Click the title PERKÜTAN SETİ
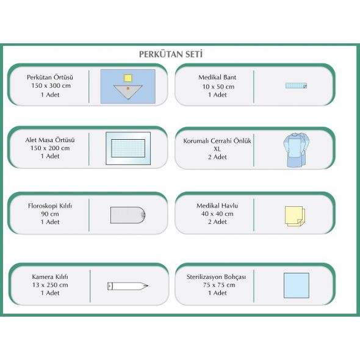(x=171, y=54)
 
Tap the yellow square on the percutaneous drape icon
(x=128, y=78)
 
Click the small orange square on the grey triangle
(x=128, y=88)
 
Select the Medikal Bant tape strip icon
(x=296, y=85)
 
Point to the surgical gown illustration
(x=296, y=149)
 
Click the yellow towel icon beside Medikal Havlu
(x=295, y=216)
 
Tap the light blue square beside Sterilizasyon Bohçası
(x=297, y=286)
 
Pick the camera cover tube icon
(x=128, y=286)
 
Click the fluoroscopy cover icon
(x=128, y=215)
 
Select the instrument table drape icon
(x=128, y=148)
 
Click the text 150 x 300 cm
(x=51, y=85)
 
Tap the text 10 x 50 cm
(x=218, y=87)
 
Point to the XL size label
(x=217, y=149)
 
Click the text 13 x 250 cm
(x=50, y=285)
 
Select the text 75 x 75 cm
(x=219, y=285)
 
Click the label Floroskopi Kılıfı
(x=50, y=206)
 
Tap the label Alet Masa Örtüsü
(x=50, y=140)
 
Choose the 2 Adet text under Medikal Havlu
(x=217, y=221)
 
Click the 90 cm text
(x=50, y=214)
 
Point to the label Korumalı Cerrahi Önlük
(x=217, y=141)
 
